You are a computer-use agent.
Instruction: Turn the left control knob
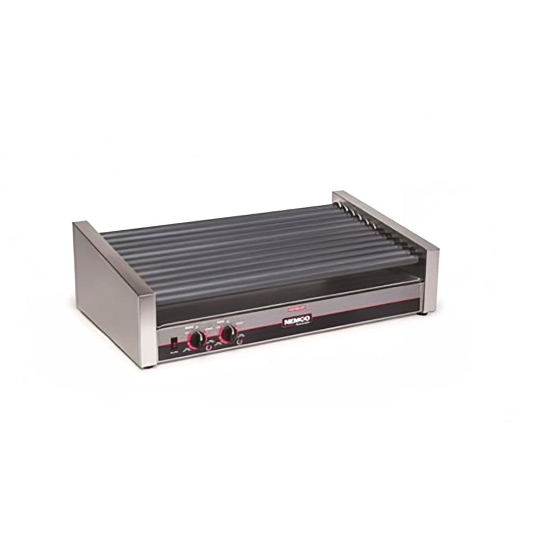click(x=197, y=339)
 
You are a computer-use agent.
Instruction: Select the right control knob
click(x=228, y=333)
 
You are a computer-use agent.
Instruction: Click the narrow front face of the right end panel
click(x=430, y=280)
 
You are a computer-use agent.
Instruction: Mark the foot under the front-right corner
click(x=426, y=312)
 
